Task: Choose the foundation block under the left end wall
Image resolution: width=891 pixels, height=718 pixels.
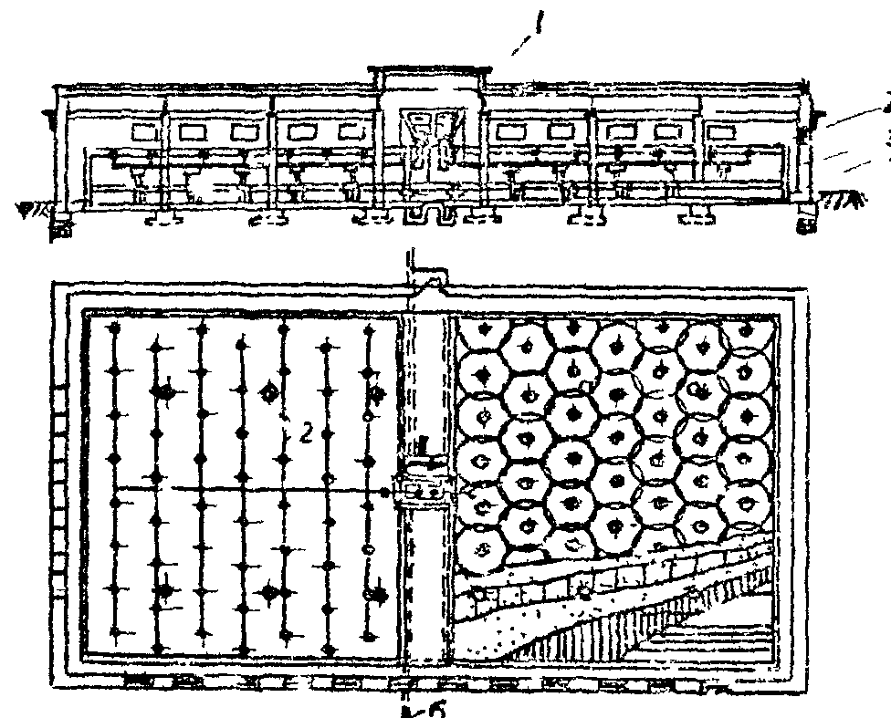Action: (x=61, y=224)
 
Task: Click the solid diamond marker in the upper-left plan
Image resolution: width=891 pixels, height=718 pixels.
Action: (x=164, y=390)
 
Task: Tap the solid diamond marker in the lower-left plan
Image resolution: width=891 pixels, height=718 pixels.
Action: (x=164, y=591)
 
